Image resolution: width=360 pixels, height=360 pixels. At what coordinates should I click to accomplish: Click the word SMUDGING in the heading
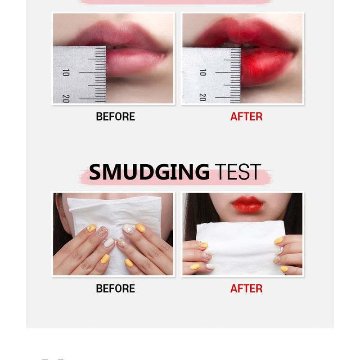click(149, 172)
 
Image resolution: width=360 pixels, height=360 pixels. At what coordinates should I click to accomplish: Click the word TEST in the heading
click(238, 172)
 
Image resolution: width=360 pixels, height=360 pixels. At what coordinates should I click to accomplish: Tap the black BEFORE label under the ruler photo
click(115, 117)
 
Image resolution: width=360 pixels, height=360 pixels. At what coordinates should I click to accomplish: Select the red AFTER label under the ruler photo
click(246, 117)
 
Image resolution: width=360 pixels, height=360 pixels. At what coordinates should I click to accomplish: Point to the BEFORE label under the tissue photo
click(115, 288)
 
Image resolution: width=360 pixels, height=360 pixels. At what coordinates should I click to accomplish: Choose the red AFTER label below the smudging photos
click(246, 288)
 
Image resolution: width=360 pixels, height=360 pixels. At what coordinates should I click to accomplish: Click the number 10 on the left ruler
click(66, 72)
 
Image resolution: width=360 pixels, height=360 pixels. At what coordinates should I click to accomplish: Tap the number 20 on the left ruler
click(66, 98)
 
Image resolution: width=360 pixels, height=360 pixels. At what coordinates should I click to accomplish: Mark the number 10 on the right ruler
click(202, 72)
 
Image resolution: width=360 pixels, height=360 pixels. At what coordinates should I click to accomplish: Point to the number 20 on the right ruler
click(202, 97)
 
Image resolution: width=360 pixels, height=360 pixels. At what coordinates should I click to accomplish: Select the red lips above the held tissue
click(247, 204)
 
